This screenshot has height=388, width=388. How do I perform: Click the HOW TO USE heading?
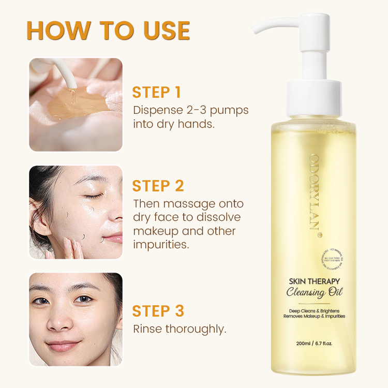click(108, 31)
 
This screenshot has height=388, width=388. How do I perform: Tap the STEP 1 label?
click(156, 93)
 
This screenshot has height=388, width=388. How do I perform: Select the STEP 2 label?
click(158, 186)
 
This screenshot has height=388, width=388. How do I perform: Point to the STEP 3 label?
click(158, 311)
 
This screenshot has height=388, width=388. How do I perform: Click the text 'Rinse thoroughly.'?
click(180, 329)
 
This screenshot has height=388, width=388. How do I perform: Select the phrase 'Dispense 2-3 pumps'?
click(191, 110)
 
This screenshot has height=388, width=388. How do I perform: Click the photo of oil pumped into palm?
click(76, 105)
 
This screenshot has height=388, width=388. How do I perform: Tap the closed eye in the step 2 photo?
click(93, 196)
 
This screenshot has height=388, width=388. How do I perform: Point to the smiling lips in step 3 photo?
click(63, 345)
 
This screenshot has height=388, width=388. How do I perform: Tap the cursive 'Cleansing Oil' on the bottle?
click(314, 293)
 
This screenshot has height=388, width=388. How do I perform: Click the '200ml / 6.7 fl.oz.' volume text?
click(314, 342)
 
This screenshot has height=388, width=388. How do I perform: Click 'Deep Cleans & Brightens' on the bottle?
click(314, 310)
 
